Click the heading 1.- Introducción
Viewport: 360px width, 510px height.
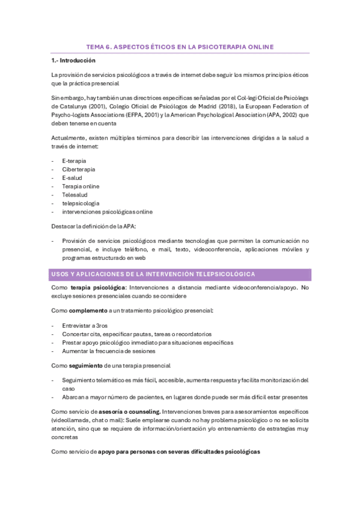(73, 61)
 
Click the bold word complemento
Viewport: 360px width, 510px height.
(88, 310)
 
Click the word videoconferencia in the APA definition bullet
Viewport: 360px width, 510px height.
(203, 249)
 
